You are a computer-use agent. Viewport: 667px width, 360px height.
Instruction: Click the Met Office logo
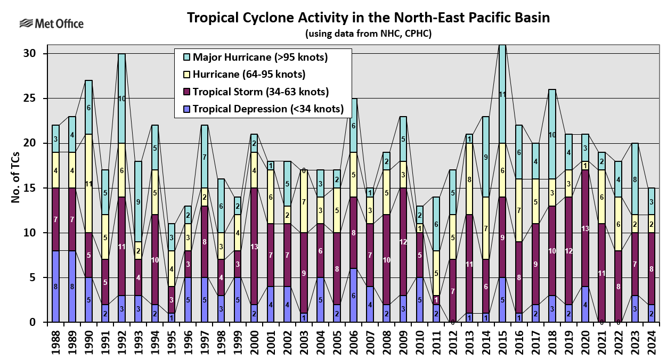pos(51,23)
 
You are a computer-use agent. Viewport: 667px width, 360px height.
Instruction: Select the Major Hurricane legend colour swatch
pos(185,57)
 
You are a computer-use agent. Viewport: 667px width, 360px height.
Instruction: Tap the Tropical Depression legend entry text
pos(268,109)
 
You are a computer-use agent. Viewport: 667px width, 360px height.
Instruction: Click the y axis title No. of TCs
pos(17,187)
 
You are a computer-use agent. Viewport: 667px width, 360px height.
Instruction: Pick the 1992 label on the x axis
pos(121,341)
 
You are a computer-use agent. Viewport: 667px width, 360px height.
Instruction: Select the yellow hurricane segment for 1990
pos(88,184)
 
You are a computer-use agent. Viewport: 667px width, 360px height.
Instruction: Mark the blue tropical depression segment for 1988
pos(55,287)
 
